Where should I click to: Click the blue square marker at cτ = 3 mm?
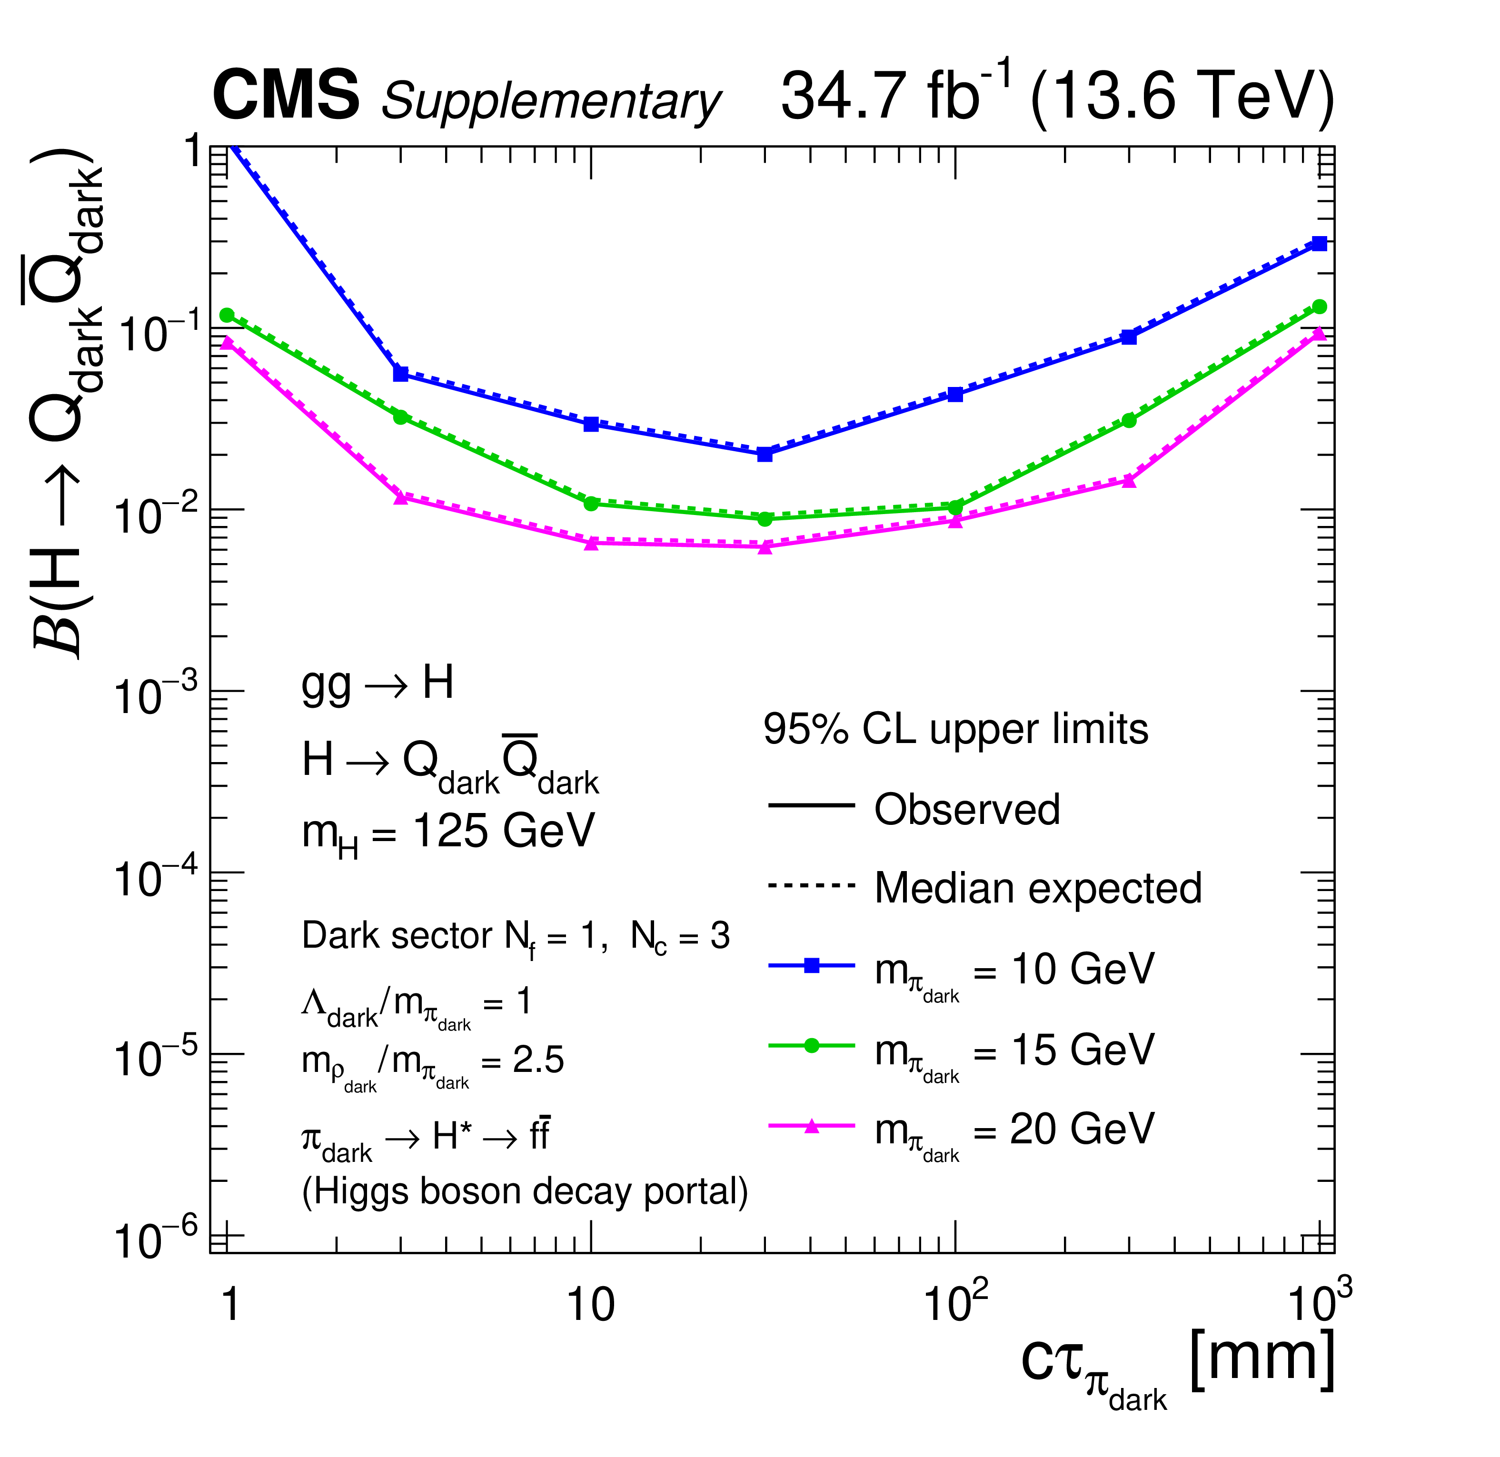pos(400,374)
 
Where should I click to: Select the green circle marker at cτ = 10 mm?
pos(591,504)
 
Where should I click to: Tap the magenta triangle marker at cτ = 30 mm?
pos(765,547)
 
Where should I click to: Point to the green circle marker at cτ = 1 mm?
pos(227,315)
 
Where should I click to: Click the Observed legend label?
pos(966,810)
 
